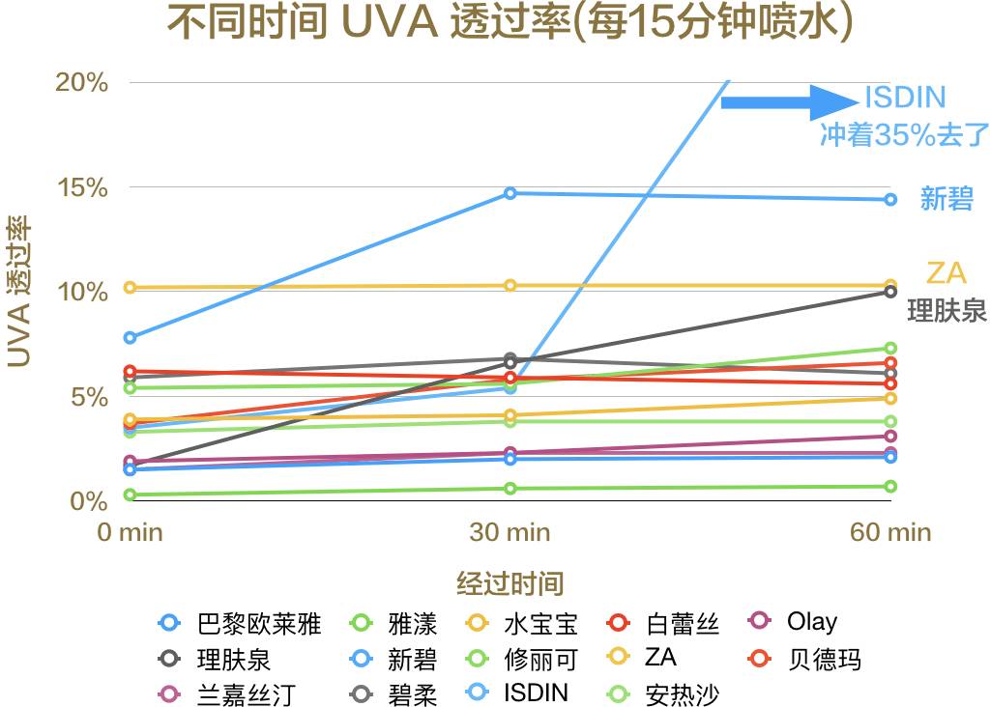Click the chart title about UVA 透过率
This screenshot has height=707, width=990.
click(510, 24)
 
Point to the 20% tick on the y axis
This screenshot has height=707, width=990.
click(81, 82)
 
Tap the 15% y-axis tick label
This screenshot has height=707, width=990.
click(81, 187)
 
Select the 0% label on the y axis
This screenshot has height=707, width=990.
click(88, 501)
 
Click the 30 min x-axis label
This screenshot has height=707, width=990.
click(510, 532)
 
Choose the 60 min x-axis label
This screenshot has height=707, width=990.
click(890, 532)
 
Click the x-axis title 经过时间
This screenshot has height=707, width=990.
click(510, 583)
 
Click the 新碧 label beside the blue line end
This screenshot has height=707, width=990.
click(946, 200)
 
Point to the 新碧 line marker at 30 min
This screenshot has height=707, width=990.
click(510, 193)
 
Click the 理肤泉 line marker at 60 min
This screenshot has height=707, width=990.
click(890, 292)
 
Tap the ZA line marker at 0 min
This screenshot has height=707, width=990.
click(130, 287)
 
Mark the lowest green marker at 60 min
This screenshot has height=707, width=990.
click(890, 486)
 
